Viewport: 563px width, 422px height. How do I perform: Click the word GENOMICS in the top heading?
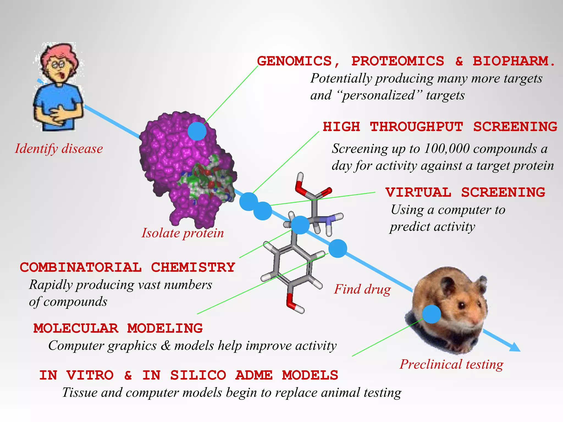294,61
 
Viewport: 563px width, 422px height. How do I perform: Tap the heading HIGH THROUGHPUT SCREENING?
440,127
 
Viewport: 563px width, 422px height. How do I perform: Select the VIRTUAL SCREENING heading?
465,192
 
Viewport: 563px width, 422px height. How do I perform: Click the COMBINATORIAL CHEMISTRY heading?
127,267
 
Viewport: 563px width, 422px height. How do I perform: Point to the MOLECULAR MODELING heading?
118,328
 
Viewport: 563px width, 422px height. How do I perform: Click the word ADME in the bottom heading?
254,375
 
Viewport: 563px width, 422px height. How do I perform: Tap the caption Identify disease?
59,149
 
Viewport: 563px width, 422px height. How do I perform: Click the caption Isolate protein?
183,233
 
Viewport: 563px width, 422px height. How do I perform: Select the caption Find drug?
362,289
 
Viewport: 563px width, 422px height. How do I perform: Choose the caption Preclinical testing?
451,364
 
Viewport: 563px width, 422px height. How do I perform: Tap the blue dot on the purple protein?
197,131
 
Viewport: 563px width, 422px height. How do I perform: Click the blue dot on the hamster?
431,314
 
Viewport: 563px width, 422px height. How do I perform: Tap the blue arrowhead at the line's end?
515,347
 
